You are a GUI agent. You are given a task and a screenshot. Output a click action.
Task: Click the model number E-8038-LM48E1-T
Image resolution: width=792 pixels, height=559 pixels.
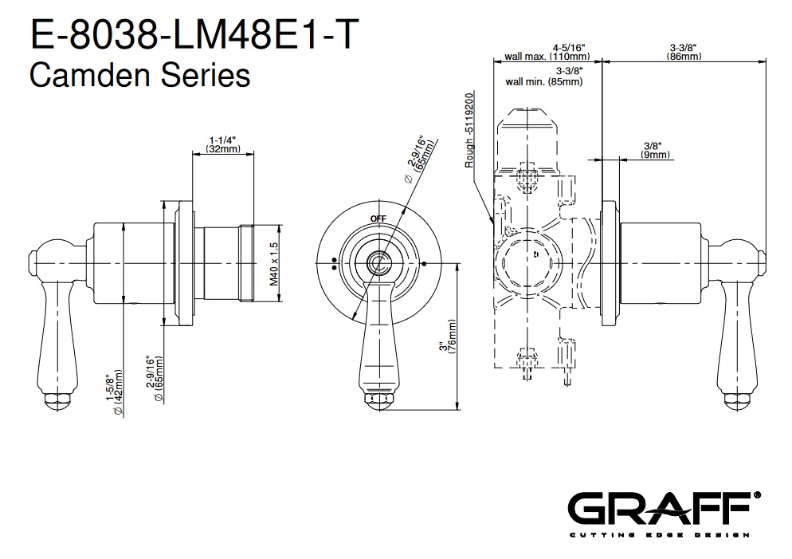(x=195, y=34)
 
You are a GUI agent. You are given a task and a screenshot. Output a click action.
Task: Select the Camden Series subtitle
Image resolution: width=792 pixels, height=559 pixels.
(x=140, y=76)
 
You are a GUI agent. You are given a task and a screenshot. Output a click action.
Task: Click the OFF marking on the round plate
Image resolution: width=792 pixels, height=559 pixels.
(x=378, y=218)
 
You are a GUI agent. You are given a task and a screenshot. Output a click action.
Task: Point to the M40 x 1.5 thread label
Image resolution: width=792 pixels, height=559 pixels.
(x=274, y=264)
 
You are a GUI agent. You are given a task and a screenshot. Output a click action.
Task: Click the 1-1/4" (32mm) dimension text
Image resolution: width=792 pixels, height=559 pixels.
(x=223, y=144)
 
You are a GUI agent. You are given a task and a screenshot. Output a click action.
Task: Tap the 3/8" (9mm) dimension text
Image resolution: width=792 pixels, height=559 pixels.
(x=655, y=150)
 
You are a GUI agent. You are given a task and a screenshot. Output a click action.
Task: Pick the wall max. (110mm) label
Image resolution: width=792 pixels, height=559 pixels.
(x=547, y=57)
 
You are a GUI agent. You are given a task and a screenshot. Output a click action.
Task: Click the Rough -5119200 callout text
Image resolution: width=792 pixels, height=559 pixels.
(x=469, y=130)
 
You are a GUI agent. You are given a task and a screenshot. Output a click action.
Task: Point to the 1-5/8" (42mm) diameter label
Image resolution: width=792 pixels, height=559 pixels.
(x=115, y=392)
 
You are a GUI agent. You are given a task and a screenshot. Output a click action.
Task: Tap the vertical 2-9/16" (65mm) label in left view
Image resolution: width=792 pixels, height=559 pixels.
(x=155, y=379)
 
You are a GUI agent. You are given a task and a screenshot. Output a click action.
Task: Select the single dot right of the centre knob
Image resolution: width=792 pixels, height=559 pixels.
(x=424, y=263)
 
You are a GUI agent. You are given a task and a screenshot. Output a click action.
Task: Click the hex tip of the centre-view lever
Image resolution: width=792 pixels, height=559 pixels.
(x=379, y=401)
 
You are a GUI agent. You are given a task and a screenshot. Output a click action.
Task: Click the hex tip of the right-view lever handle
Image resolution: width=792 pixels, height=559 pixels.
(x=738, y=401)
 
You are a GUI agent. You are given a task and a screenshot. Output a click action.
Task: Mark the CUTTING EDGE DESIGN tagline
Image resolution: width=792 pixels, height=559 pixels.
(x=659, y=535)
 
